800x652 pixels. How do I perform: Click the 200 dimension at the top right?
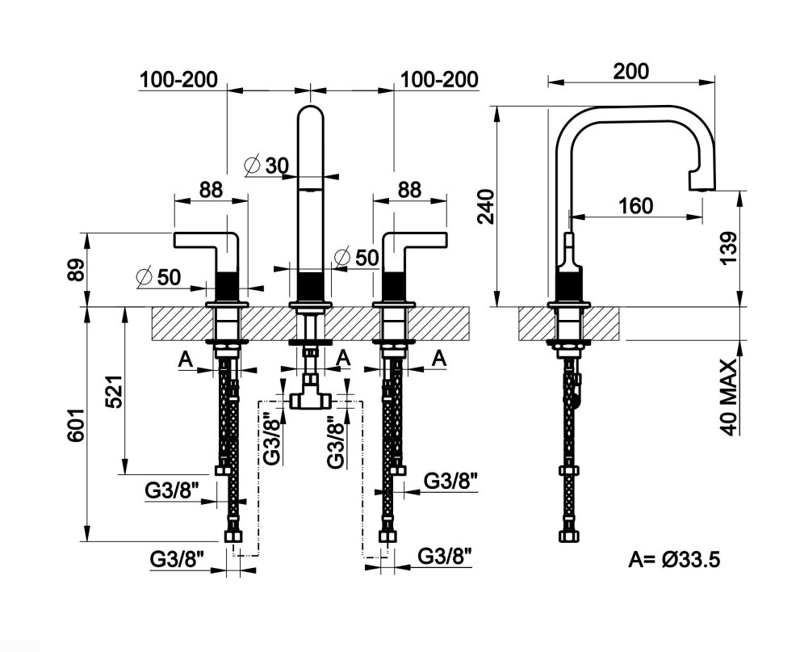[x=630, y=71]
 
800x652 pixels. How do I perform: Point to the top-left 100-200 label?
[x=178, y=79]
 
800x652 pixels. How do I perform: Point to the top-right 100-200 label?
[x=439, y=79]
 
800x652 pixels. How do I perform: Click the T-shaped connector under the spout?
[x=310, y=398]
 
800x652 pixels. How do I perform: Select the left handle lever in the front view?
[x=206, y=242]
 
